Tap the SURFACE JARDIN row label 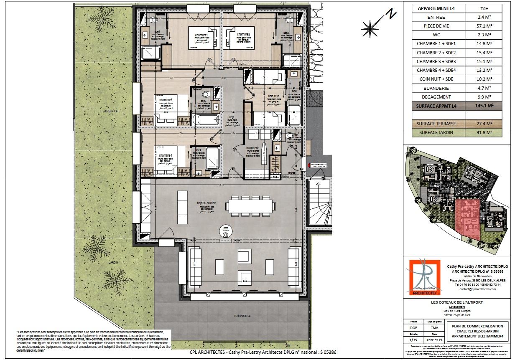click(436, 132)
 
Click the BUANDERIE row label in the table click(436, 88)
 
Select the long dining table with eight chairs click(250, 205)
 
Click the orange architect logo click(424, 277)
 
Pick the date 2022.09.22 click(435, 340)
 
